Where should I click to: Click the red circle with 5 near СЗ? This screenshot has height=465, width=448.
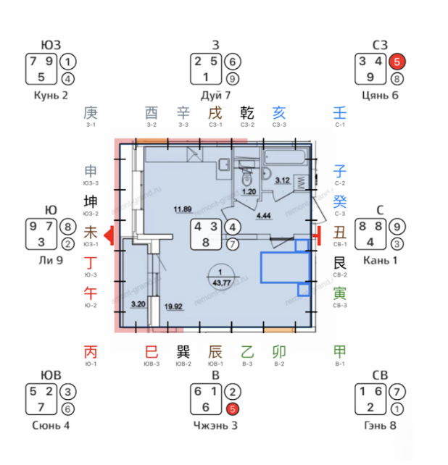397,62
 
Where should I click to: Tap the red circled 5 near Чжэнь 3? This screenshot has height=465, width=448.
231,407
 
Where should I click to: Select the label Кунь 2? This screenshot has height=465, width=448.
51,96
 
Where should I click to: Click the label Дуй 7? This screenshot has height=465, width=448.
215,96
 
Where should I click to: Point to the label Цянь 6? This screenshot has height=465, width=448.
381,96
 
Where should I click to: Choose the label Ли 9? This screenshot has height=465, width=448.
51,259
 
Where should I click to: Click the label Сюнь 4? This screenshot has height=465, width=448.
51,424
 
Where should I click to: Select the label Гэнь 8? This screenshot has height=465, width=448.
379,424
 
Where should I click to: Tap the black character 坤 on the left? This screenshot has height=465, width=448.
91,201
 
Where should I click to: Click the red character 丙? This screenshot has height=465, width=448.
91,352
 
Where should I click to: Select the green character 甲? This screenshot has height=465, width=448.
339,352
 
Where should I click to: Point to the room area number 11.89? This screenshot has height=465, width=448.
183,211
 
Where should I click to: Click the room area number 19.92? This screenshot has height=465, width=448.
173,306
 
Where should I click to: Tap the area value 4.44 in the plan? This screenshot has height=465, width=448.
262,215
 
